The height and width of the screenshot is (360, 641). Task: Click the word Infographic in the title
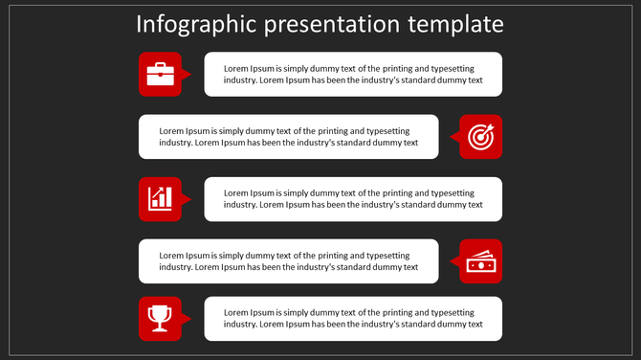point(189,24)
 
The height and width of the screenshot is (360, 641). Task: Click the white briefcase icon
point(160,74)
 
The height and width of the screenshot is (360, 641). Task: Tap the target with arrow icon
point(480,137)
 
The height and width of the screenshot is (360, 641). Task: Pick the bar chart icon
point(160,198)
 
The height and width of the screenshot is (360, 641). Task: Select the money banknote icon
point(480,260)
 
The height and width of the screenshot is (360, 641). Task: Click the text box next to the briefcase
point(353,75)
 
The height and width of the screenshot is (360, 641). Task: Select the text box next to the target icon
point(288,137)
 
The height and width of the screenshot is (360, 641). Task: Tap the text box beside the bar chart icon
point(353,199)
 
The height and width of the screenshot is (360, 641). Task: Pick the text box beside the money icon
point(288,261)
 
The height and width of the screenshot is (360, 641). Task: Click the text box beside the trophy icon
point(353,319)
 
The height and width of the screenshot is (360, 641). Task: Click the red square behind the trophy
point(145,331)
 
